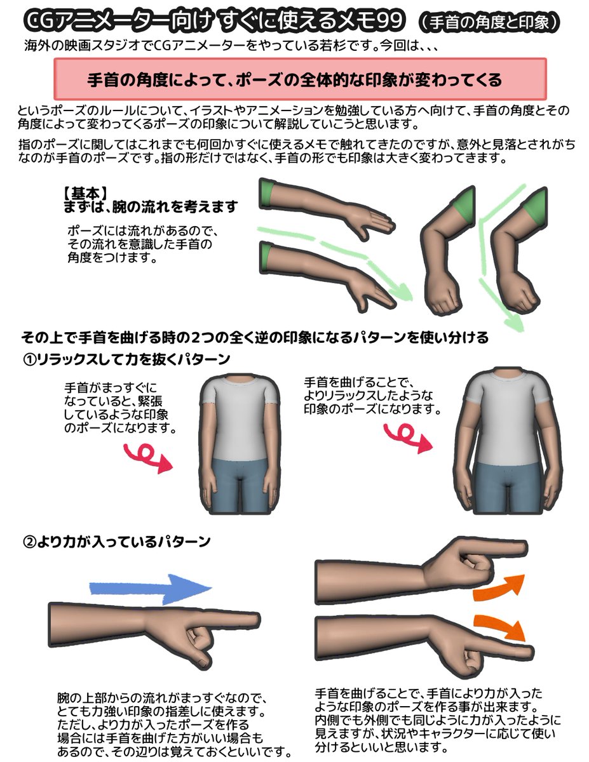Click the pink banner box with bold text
coord(300,80)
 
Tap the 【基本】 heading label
coord(85,192)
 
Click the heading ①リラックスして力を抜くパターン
coord(126,360)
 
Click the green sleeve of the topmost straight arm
coord(267,193)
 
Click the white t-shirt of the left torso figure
coord(238,419)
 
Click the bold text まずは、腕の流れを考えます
coord(151,206)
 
